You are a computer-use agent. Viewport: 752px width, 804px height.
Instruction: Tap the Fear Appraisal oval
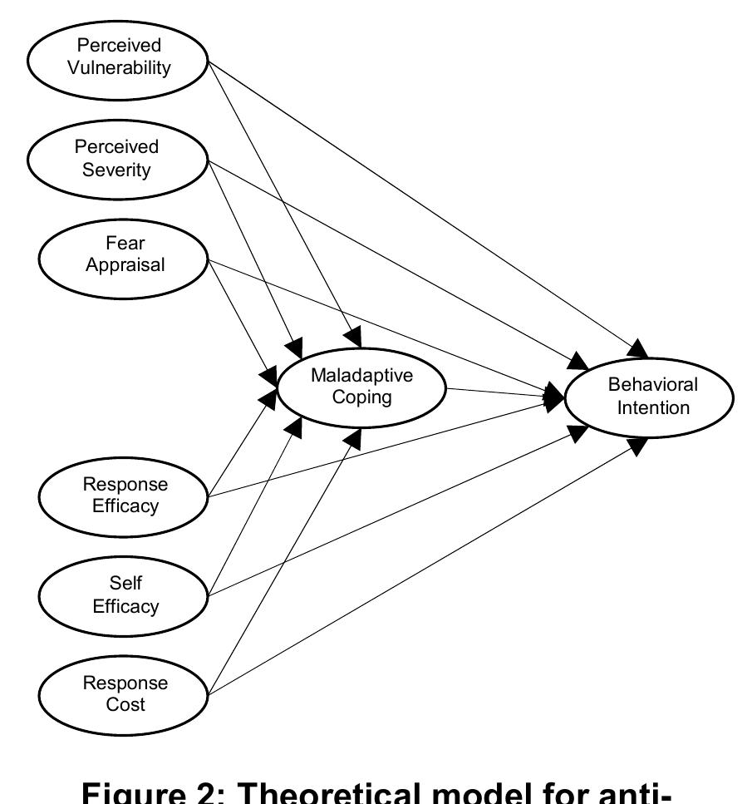click(x=125, y=254)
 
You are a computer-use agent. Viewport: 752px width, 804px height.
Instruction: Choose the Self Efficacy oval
click(x=125, y=594)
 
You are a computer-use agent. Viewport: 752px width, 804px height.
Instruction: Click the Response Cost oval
click(x=125, y=693)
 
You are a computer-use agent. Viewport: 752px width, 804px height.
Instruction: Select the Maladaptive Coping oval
click(x=361, y=387)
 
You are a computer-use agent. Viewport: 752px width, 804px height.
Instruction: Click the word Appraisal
click(x=125, y=265)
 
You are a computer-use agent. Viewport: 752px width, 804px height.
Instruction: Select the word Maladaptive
click(x=361, y=375)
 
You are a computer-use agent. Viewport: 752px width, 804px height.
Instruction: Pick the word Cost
click(x=125, y=705)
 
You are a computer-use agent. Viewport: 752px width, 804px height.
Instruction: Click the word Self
click(x=125, y=583)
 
